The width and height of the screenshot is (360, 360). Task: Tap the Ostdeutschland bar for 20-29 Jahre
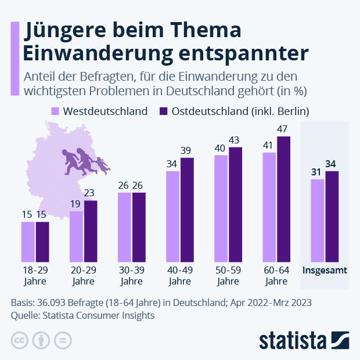coord(91,231)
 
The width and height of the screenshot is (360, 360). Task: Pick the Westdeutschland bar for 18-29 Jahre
coord(28,242)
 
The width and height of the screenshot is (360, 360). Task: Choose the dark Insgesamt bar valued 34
coord(332,217)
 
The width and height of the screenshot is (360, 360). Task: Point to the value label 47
coord(284,129)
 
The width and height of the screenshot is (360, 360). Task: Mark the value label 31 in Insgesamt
coord(317,172)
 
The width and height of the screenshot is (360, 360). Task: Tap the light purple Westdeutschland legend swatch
coord(56,111)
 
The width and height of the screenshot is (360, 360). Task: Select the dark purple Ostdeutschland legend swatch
coord(163,111)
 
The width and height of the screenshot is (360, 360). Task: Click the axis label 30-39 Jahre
coord(132,276)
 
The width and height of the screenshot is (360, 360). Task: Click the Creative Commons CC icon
coord(20,340)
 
